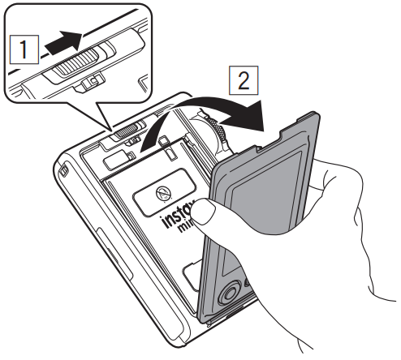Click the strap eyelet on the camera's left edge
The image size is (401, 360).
pos(63,172)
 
